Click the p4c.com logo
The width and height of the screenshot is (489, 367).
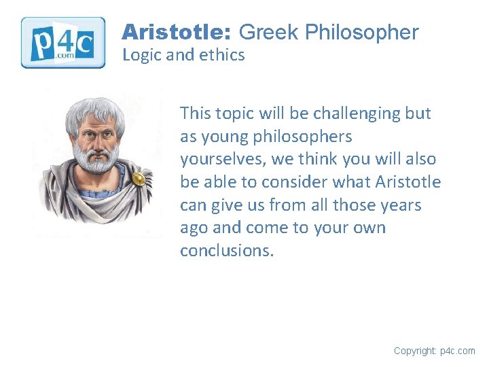(63, 42)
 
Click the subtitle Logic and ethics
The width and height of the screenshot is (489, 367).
(183, 55)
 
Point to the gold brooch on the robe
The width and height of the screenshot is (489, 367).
(139, 179)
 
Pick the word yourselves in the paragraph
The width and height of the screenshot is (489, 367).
(220, 160)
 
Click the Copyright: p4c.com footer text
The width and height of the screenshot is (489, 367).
(434, 351)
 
